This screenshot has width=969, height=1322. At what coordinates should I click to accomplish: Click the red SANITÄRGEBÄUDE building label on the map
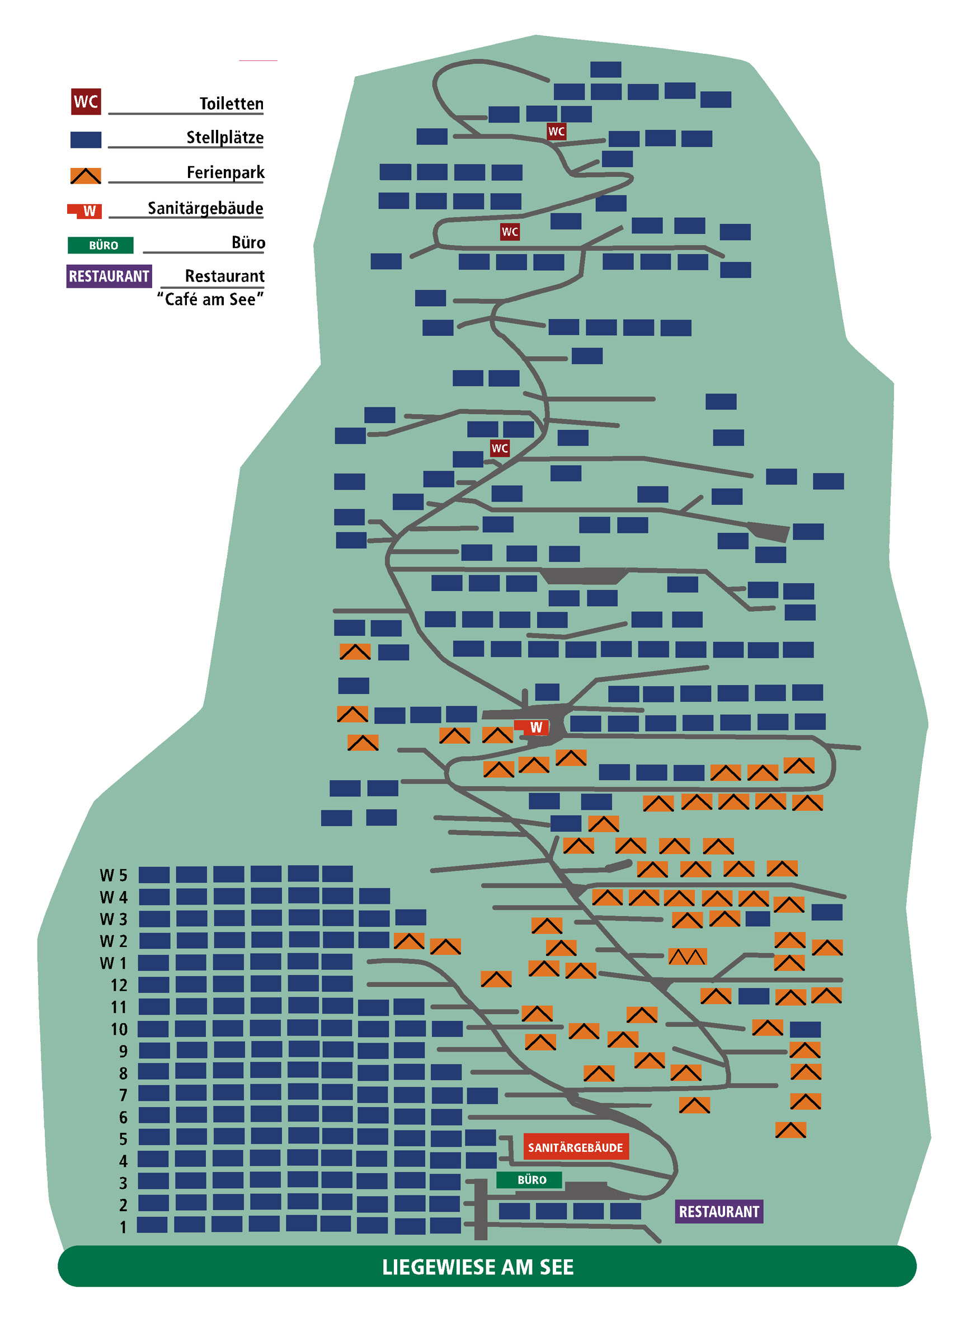pos(576,1147)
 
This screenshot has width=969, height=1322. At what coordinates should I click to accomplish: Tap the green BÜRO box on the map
pos(529,1179)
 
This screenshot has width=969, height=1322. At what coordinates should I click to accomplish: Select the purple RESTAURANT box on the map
pos(719,1211)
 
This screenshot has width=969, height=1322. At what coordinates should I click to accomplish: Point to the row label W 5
pos(113,875)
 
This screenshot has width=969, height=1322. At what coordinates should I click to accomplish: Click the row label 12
pos(119,985)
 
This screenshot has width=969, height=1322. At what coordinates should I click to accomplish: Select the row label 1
pos(123,1227)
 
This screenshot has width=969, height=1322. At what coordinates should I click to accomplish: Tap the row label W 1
pos(113,963)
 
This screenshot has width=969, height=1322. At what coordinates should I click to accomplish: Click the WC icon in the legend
pos(86,101)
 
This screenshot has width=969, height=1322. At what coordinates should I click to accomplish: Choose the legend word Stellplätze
pos(225,137)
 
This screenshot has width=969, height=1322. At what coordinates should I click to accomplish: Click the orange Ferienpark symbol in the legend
pos(86,175)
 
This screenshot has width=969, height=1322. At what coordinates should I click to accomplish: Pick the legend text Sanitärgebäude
pos(205,208)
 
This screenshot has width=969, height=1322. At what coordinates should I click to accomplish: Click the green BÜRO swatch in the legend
pos(101,245)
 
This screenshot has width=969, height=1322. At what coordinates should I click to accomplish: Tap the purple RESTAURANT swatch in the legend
pos(109,276)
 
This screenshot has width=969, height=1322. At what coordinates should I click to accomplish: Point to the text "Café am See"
pos(210,299)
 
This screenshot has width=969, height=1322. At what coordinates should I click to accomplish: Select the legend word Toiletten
pos(232,104)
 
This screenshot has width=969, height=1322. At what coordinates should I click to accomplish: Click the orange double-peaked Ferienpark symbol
pos(688,957)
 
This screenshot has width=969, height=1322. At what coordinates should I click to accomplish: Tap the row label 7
pos(123,1095)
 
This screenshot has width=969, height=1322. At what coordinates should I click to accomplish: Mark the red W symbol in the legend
pos(85,210)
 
